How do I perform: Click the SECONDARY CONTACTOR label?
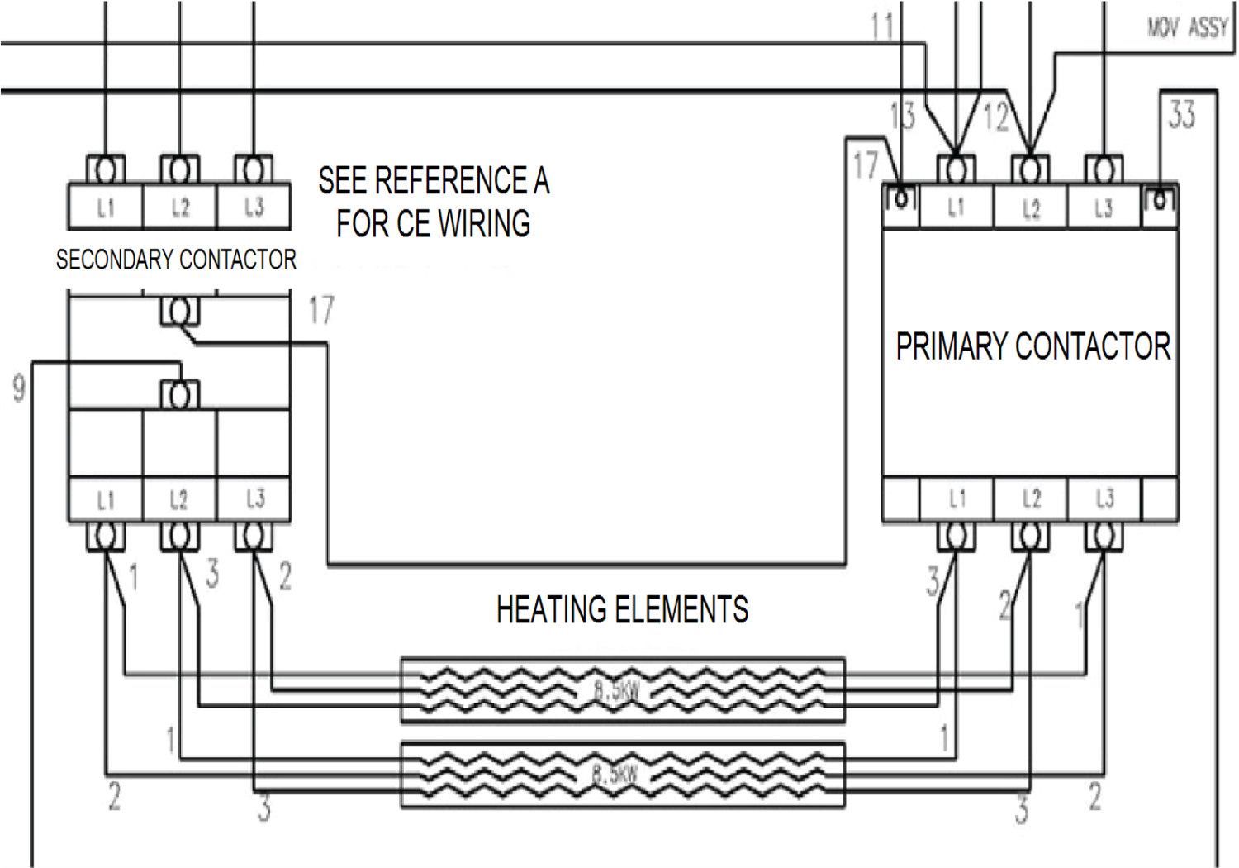(x=176, y=260)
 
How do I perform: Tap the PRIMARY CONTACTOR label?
(x=1032, y=346)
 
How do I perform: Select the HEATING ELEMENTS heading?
(x=622, y=610)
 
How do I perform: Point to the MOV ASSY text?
(x=1187, y=28)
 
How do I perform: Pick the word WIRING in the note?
(x=484, y=224)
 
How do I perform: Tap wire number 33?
(x=1181, y=115)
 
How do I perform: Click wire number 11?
(x=881, y=26)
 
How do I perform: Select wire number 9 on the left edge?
(x=18, y=387)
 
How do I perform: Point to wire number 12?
(x=995, y=118)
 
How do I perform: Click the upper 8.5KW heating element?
(x=622, y=690)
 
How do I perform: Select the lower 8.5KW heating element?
(x=622, y=775)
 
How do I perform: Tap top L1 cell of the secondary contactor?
(x=106, y=207)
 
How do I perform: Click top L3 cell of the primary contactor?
(x=1104, y=207)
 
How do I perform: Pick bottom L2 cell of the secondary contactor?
(x=179, y=499)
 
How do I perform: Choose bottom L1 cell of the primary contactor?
(x=957, y=498)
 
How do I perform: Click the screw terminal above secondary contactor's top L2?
(x=179, y=170)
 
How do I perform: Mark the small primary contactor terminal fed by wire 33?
(x=1160, y=199)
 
